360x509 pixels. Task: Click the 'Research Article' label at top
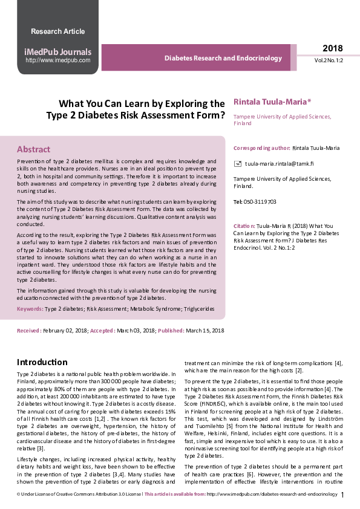(57, 31)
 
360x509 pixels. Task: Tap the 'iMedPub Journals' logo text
(57, 51)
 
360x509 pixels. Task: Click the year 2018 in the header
(332, 48)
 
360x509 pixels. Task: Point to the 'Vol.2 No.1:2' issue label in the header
(329, 61)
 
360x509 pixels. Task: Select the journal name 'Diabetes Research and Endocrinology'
(223, 59)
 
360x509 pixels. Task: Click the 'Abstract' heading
(34, 149)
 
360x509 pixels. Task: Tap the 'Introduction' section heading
(42, 362)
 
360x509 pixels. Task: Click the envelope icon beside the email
(238, 164)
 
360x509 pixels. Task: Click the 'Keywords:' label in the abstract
(30, 309)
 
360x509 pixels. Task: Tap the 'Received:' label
(29, 331)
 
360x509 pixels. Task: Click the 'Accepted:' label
(102, 331)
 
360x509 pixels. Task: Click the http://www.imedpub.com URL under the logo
(57, 60)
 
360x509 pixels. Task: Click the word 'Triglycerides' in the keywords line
(196, 309)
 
